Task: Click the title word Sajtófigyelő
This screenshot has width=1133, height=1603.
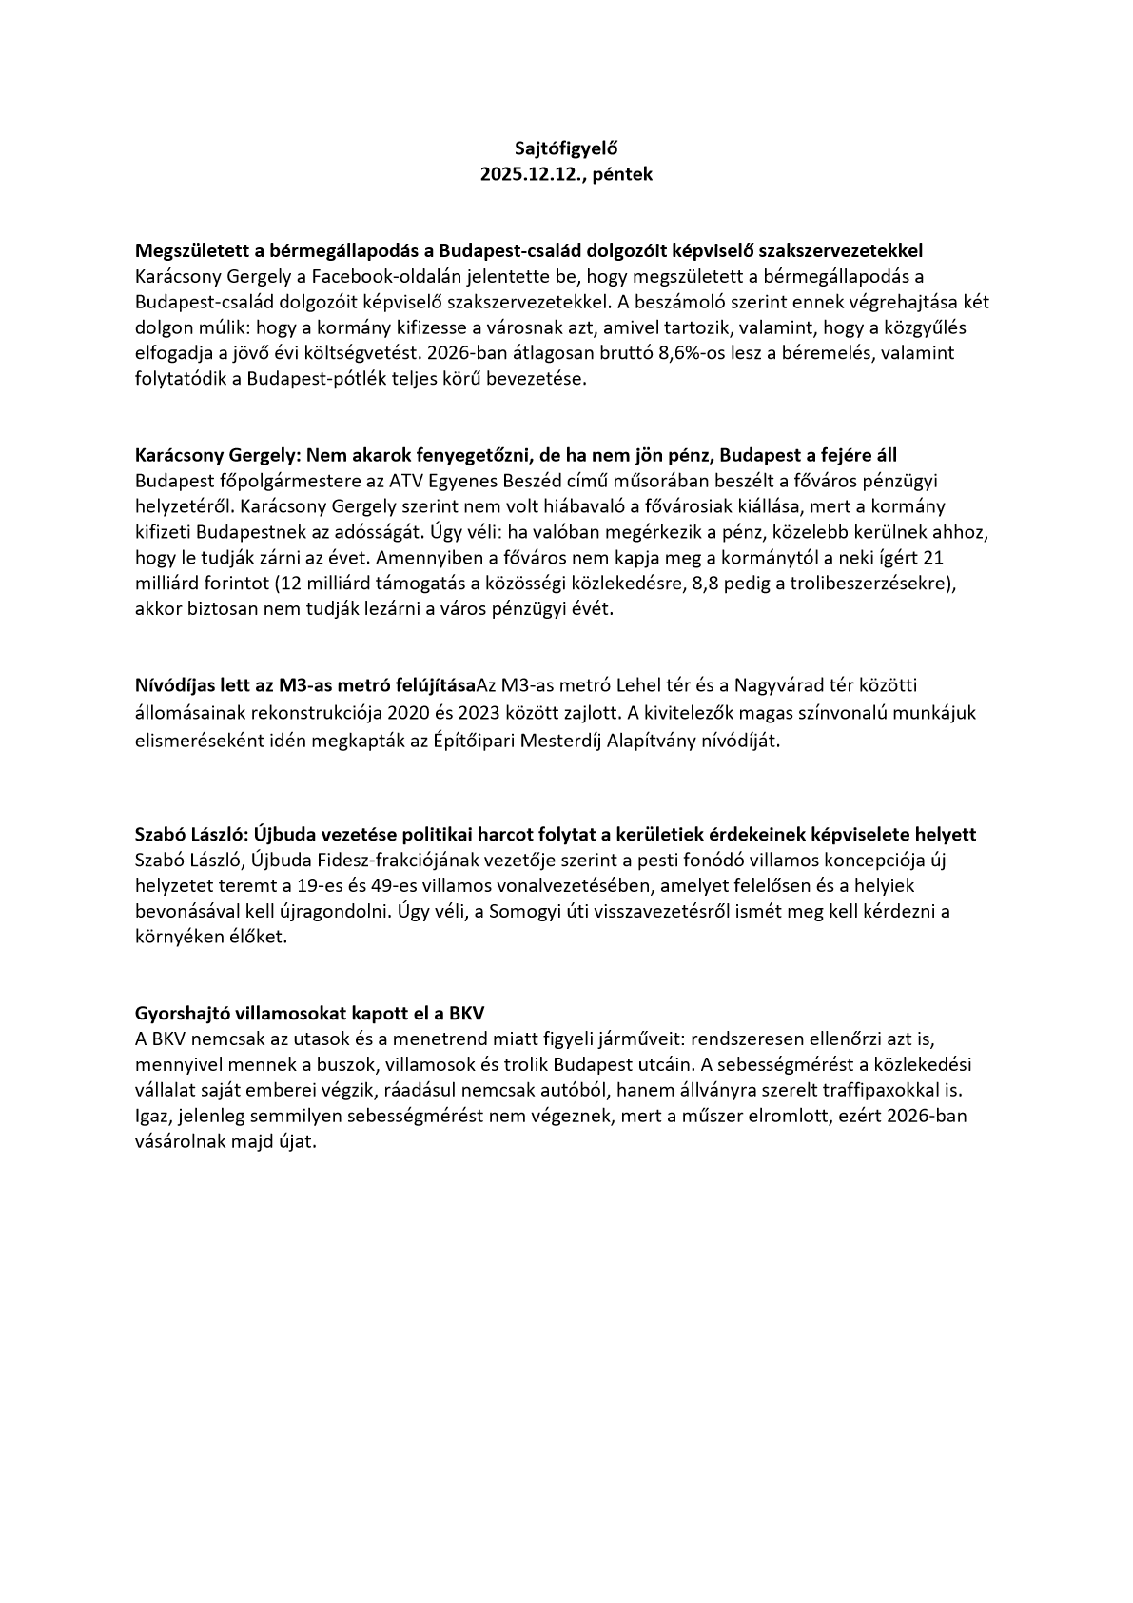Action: [566, 148]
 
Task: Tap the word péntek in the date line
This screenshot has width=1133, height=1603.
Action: [622, 174]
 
